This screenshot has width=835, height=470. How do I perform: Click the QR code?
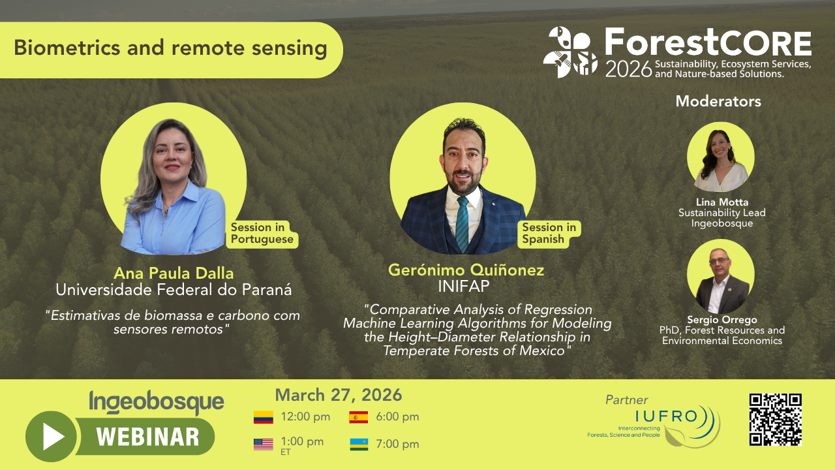[776, 419]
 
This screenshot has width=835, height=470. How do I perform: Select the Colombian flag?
[263, 417]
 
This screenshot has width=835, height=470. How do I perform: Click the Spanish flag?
[359, 417]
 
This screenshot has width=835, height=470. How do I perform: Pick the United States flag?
[263, 445]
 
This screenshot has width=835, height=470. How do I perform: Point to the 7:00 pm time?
[397, 444]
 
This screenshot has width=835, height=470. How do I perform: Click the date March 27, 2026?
[339, 395]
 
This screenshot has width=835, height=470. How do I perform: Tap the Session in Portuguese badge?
[262, 233]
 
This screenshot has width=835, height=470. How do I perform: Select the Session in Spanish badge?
[549, 233]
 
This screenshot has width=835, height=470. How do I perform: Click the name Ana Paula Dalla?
[174, 273]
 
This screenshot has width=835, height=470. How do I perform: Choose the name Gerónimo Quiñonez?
[466, 270]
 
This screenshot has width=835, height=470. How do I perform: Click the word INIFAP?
[464, 287]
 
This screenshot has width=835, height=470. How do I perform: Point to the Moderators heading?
[718, 101]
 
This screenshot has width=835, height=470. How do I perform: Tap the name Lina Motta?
[722, 202]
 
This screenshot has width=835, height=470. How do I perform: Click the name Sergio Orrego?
[722, 320]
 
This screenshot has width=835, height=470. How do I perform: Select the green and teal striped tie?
[463, 224]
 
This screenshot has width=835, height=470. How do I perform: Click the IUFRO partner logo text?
[666, 416]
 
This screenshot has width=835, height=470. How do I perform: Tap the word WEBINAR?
[147, 437]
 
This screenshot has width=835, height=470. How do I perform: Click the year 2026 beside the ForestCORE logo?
[628, 69]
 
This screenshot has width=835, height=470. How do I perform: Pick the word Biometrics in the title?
[67, 48]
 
